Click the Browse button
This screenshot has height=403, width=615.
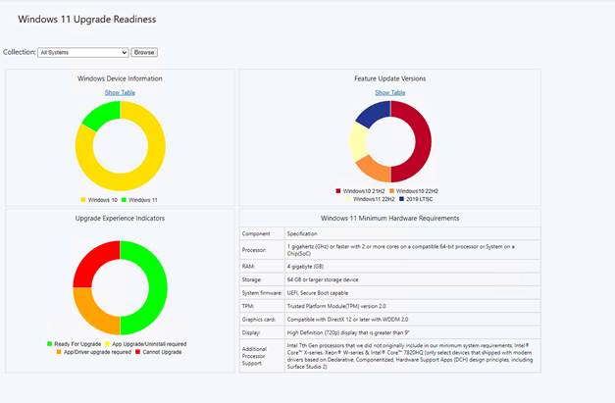click(x=144, y=52)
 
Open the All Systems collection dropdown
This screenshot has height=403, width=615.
click(x=82, y=52)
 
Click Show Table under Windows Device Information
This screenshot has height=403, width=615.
click(x=120, y=92)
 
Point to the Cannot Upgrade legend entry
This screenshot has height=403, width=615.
click(x=159, y=351)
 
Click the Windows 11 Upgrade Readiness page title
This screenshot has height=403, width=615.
click(x=86, y=19)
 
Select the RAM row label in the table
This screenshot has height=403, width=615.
click(x=249, y=265)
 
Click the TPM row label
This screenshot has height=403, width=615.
click(x=249, y=307)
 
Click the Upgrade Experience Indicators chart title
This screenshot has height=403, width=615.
click(x=120, y=218)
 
